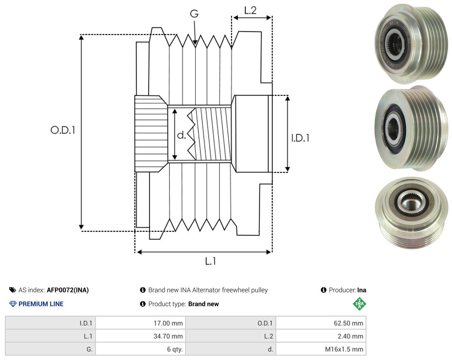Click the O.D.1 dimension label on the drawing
(x=63, y=130)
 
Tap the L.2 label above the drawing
(x=250, y=11)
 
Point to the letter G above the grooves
(x=194, y=14)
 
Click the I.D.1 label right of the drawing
(x=300, y=138)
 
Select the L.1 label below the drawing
(x=210, y=261)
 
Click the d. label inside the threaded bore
(x=181, y=135)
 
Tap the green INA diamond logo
(x=359, y=304)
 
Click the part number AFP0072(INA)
(x=68, y=290)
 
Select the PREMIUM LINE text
(x=41, y=304)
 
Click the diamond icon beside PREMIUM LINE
(x=13, y=304)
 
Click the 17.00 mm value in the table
(x=168, y=323)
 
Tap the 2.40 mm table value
(x=350, y=336)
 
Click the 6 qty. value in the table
(x=175, y=349)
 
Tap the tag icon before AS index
(x=13, y=290)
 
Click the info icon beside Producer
(x=324, y=290)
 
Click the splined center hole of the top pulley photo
(x=393, y=44)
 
